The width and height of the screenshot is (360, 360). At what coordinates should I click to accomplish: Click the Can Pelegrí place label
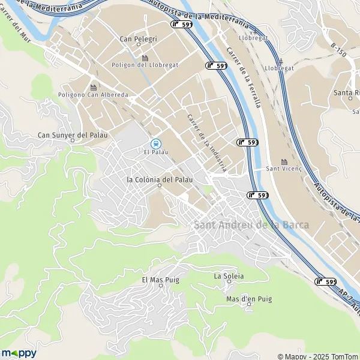pyautogui.click(x=138, y=39)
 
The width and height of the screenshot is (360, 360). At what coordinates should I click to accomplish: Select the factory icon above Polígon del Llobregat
pyautogui.click(x=145, y=57)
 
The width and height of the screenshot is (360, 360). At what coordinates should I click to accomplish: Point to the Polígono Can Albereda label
pyautogui.click(x=93, y=95)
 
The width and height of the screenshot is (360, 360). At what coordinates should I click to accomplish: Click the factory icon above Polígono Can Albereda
pyautogui.click(x=94, y=87)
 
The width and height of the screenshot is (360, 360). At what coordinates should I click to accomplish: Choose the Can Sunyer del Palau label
pyautogui.click(x=73, y=135)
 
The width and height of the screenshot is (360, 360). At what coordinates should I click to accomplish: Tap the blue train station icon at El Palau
pyautogui.click(x=155, y=143)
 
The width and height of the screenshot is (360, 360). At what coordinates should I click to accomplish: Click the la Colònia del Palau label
pyautogui.click(x=160, y=179)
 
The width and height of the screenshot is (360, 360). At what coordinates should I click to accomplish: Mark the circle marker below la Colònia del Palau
pyautogui.click(x=160, y=186)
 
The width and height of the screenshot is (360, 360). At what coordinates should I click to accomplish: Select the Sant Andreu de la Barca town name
pyautogui.click(x=251, y=225)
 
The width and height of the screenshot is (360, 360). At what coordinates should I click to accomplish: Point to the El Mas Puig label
pyautogui.click(x=160, y=280)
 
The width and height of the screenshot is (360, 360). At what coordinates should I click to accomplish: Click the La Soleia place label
pyautogui.click(x=229, y=276)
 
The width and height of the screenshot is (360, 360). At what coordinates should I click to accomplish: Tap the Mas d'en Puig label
pyautogui.click(x=249, y=298)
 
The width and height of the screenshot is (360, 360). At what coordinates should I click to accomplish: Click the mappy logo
pyautogui.click(x=19, y=353)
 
